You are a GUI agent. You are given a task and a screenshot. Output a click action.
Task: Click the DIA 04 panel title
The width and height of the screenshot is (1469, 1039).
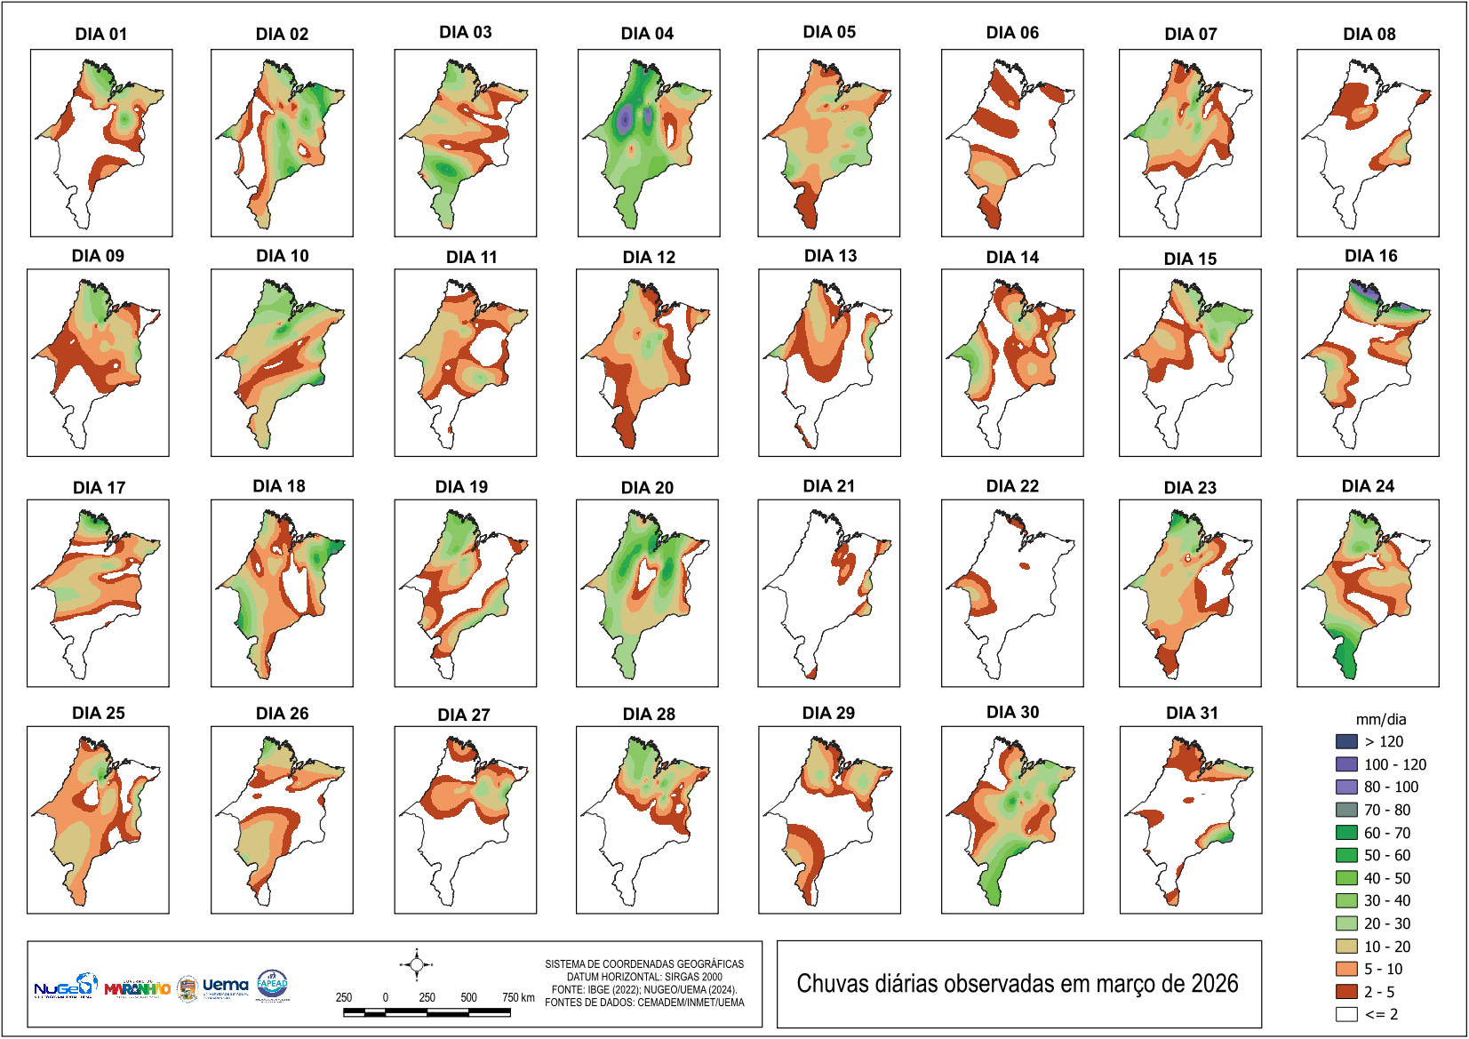point(647,34)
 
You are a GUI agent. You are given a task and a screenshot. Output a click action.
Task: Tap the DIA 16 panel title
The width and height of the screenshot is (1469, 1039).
point(1370,256)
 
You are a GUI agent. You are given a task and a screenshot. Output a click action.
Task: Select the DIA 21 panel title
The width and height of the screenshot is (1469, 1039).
point(828,486)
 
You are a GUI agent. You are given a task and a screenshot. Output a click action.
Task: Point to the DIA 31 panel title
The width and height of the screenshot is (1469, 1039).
point(1192,713)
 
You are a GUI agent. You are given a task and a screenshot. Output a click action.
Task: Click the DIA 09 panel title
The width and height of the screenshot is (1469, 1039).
point(98,256)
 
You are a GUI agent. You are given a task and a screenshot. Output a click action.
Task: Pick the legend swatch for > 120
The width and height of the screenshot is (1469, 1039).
point(1346,741)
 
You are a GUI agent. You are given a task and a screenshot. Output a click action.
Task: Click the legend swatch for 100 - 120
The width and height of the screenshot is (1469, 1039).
point(1346,764)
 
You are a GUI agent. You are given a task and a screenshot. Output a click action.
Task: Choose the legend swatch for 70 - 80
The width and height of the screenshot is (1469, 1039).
point(1346,810)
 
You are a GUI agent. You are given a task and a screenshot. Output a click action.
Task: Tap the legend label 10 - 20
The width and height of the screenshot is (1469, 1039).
point(1387,947)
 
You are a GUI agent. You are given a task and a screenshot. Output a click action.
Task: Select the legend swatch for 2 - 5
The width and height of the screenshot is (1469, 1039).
point(1346,992)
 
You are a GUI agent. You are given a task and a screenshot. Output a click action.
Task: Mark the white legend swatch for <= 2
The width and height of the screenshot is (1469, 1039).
point(1346,1014)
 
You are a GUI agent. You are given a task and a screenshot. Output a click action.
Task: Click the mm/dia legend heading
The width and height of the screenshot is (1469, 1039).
point(1380,720)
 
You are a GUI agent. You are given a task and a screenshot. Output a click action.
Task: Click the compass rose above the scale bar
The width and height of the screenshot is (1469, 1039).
point(416,964)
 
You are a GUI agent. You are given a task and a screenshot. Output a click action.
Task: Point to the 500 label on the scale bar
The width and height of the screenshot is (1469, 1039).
point(469,997)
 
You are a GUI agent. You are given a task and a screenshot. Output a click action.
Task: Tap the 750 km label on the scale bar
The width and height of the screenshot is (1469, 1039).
point(518,997)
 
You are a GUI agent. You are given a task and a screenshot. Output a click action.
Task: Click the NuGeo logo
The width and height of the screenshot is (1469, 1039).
point(65,987)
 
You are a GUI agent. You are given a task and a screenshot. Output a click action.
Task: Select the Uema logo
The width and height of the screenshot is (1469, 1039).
point(225,986)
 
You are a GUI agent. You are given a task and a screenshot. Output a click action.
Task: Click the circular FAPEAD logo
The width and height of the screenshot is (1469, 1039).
point(272,984)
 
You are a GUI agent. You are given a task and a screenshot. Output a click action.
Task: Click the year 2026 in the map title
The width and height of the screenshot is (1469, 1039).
point(1214,984)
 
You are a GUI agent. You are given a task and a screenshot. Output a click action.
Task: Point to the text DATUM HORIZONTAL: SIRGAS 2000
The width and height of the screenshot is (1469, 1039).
point(644,977)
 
